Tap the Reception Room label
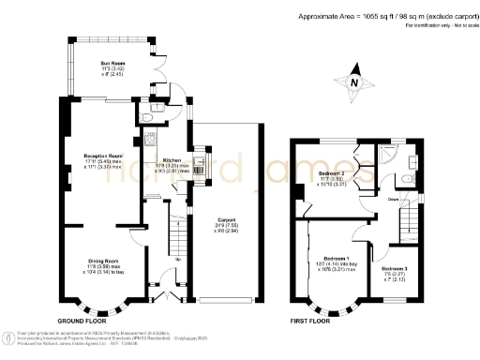pyautogui.click(x=103, y=157)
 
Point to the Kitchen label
pyautogui.click(x=172, y=160)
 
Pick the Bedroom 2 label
pyautogui.click(x=332, y=174)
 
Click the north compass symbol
pyautogui.click(x=352, y=82)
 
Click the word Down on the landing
pyautogui.click(x=368, y=200)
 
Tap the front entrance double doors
pyautogui.click(x=167, y=297)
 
